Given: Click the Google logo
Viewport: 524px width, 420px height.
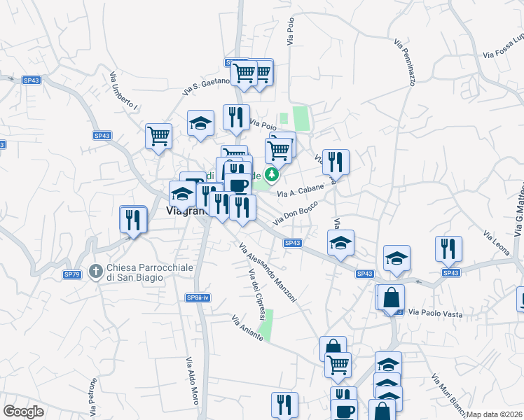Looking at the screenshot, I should point(24,412).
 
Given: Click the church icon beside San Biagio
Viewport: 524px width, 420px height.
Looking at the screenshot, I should point(98,268).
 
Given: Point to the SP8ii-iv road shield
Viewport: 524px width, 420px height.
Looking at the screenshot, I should point(197,297).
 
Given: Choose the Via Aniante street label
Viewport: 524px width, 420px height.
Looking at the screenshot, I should point(247,328).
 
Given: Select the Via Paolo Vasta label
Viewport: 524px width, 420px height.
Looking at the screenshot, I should point(436,314).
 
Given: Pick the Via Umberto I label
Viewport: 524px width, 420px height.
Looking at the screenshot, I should point(123,90).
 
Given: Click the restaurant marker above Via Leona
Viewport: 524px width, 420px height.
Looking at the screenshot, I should point(448,249).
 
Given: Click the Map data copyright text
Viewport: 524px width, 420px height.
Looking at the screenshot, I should point(495,414).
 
